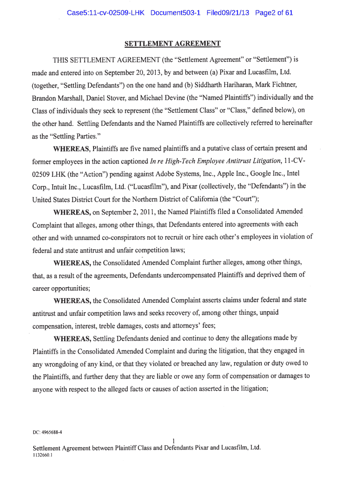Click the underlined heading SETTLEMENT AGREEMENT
[x=172, y=44]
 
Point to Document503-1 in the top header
[x=175, y=13]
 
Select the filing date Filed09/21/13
[x=228, y=13]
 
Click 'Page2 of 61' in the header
[x=274, y=13]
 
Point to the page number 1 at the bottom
[x=173, y=440]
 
